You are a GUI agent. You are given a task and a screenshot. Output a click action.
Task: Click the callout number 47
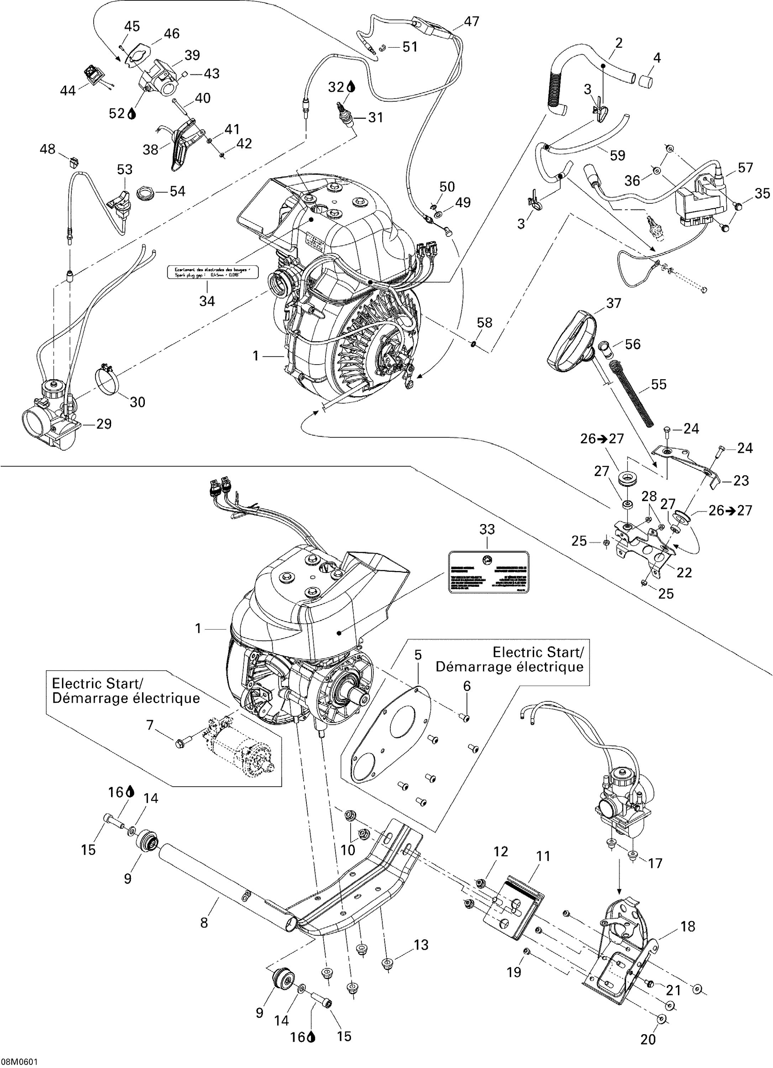coord(471,22)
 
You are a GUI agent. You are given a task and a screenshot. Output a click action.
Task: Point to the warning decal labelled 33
coord(488,572)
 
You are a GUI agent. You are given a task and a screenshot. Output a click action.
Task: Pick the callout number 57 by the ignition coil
coord(745,168)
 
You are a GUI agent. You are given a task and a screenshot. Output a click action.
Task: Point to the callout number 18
coord(688,927)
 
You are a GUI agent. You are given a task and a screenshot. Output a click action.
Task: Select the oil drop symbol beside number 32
coord(351,87)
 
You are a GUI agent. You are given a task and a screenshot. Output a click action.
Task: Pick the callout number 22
coord(684,572)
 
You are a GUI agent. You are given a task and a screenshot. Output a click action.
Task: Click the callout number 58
coord(484,323)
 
